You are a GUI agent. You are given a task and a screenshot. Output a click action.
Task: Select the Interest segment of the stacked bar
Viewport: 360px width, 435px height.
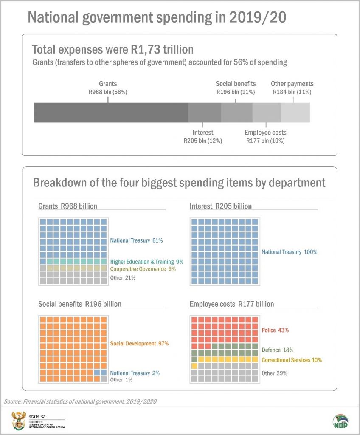205,113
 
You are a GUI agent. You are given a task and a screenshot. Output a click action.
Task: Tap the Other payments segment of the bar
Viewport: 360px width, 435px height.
295,113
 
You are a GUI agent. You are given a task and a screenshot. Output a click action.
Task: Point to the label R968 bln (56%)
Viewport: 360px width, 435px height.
107,91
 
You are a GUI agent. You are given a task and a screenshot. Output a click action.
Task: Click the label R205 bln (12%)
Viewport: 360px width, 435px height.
202,140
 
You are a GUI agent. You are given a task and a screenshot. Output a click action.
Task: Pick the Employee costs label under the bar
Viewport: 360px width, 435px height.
265,133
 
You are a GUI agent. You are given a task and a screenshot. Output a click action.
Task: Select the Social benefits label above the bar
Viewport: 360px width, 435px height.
236,84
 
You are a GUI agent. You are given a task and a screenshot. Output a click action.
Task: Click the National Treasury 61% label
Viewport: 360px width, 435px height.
136,240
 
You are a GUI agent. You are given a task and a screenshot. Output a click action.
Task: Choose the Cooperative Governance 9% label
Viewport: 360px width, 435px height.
143,269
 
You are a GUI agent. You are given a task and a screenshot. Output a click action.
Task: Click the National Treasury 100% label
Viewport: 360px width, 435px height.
289,252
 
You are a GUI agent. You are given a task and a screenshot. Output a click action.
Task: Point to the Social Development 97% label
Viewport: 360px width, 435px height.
139,343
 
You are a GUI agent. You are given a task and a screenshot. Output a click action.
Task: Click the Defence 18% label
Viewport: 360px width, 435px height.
277,350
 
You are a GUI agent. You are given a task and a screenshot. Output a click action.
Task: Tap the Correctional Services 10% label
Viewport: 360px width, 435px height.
292,360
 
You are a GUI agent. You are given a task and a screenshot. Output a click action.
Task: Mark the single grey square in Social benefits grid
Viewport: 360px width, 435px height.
104,379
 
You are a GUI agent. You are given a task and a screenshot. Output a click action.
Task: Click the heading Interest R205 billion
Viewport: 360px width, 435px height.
220,206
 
